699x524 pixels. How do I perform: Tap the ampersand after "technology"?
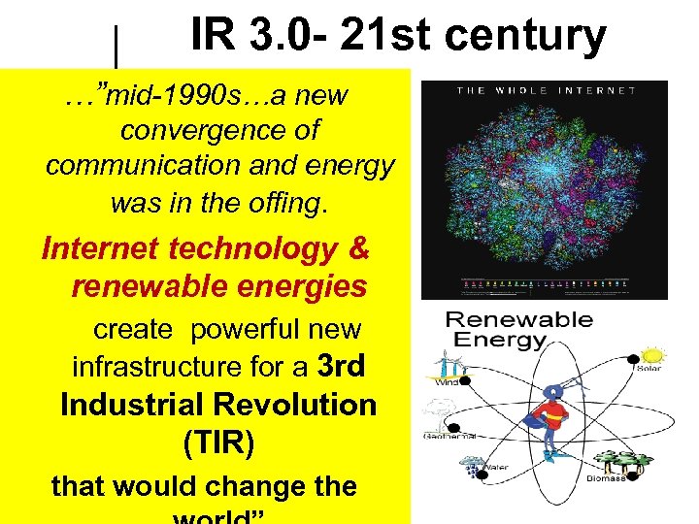pyautogui.click(x=357, y=249)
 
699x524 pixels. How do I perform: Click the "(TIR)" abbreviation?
pyautogui.click(x=218, y=442)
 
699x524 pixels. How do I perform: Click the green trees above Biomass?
pyautogui.click(x=622, y=460)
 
